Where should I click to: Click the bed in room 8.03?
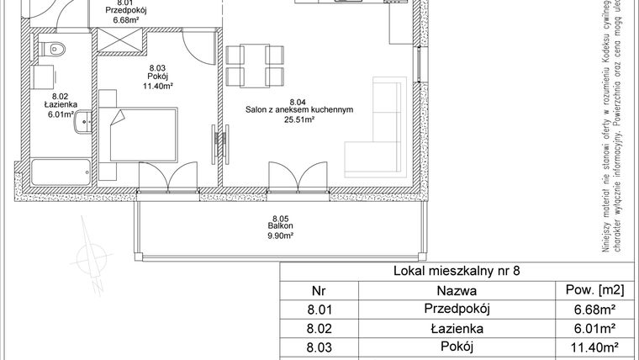(x=142, y=133)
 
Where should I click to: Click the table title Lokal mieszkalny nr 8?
(x=457, y=272)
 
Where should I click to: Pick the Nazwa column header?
(x=457, y=291)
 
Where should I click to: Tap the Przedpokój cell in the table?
(x=457, y=310)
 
